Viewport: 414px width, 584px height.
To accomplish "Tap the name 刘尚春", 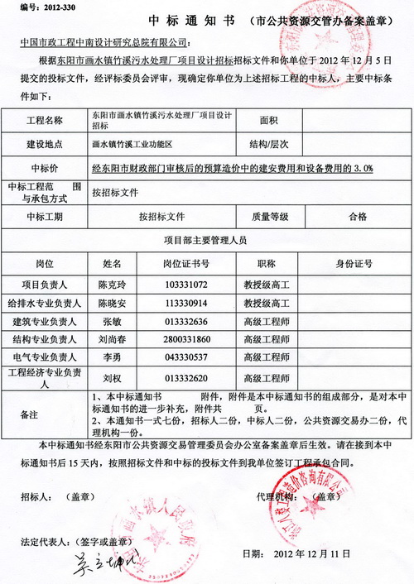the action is coord(112,339).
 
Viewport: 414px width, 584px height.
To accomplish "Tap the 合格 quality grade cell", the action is coord(358,217).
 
